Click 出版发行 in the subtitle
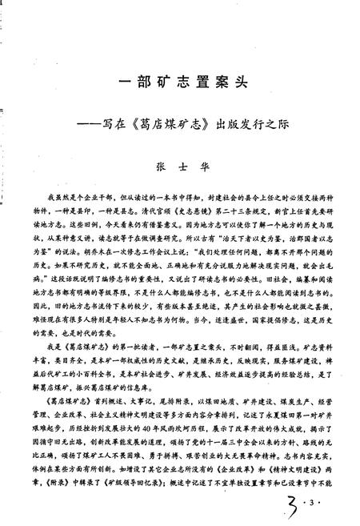(x=248, y=126)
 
